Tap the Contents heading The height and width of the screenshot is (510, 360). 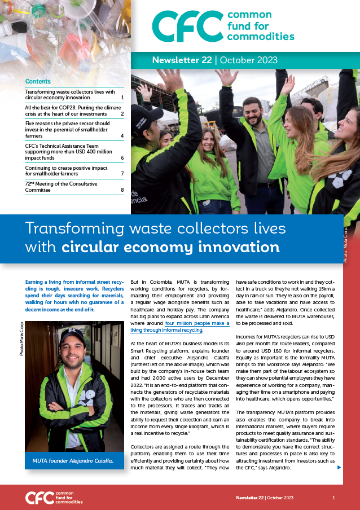pyautogui.click(x=38, y=81)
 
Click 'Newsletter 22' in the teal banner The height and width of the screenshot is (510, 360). pyautogui.click(x=182, y=60)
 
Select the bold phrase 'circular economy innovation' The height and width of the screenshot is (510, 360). pyautogui.click(x=170, y=247)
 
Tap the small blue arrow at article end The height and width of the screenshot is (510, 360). pyautogui.click(x=339, y=467)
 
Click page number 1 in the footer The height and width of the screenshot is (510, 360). pyautogui.click(x=333, y=498)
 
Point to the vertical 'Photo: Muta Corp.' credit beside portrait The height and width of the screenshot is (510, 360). pyautogui.click(x=21, y=338)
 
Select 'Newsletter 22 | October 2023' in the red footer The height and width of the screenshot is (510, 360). pyautogui.click(x=265, y=498)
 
